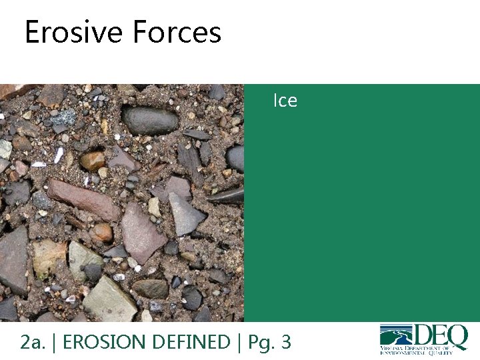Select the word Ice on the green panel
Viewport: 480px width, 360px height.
285,101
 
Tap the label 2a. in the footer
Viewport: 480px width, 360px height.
32,342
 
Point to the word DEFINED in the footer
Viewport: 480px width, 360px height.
191,342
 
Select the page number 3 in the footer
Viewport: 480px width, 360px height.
286,342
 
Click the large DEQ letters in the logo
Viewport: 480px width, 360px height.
440,336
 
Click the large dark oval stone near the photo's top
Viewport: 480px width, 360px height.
150,121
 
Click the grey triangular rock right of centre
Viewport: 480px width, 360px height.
185,213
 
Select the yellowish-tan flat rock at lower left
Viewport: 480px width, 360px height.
48,257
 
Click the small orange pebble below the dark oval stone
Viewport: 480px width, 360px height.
93,160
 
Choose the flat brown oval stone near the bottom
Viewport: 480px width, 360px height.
150,288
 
